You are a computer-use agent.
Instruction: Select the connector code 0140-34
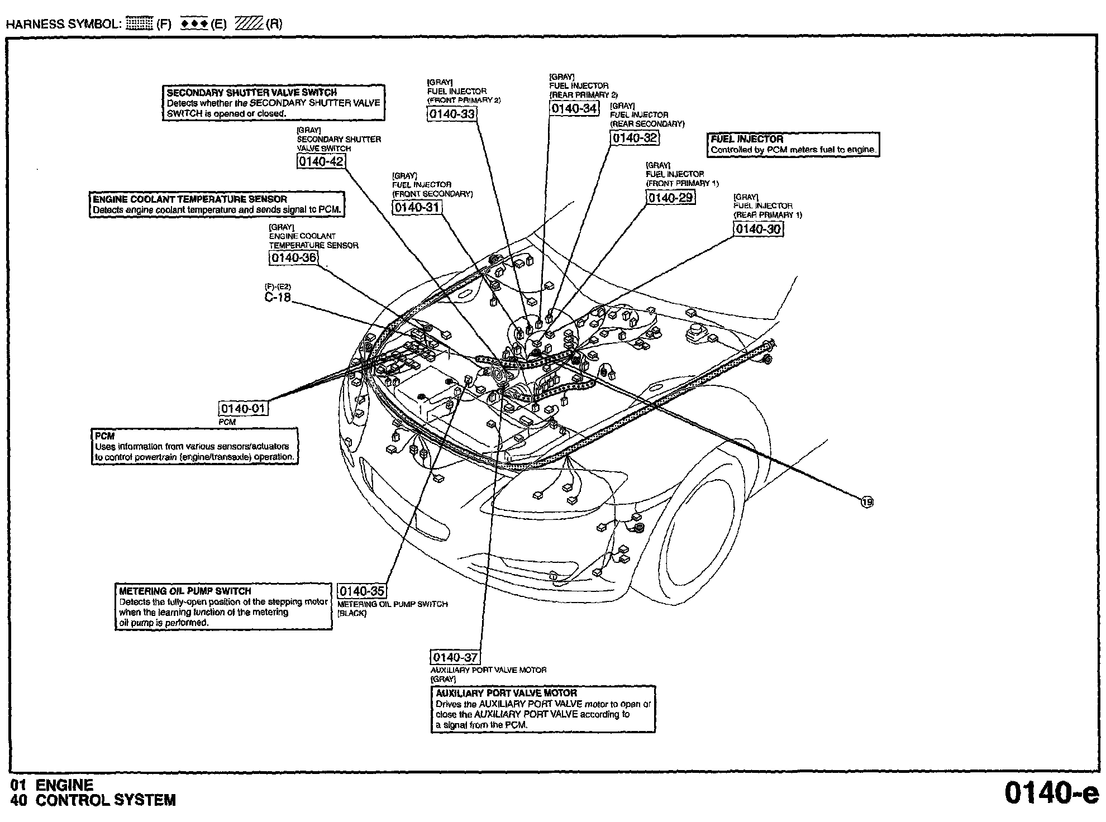click(x=574, y=108)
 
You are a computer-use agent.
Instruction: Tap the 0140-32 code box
click(x=635, y=138)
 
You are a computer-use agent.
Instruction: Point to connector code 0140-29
click(x=671, y=198)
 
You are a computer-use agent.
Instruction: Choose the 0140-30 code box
click(x=758, y=229)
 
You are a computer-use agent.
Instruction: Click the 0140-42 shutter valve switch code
click(x=321, y=161)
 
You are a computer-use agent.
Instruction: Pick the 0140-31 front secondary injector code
click(x=417, y=208)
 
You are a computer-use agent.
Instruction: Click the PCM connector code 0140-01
click(x=243, y=408)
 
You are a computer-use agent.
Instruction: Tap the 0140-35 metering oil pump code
click(x=362, y=591)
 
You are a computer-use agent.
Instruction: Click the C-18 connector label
click(x=278, y=297)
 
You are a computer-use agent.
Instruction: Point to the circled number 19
click(x=866, y=502)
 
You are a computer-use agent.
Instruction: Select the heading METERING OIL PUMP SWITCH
click(x=185, y=591)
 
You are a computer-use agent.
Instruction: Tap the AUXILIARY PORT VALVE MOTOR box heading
click(x=506, y=693)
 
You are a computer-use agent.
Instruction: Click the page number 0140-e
click(x=1051, y=793)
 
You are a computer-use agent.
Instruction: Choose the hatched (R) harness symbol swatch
click(x=249, y=23)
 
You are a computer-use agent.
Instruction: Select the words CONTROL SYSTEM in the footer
click(x=106, y=800)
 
